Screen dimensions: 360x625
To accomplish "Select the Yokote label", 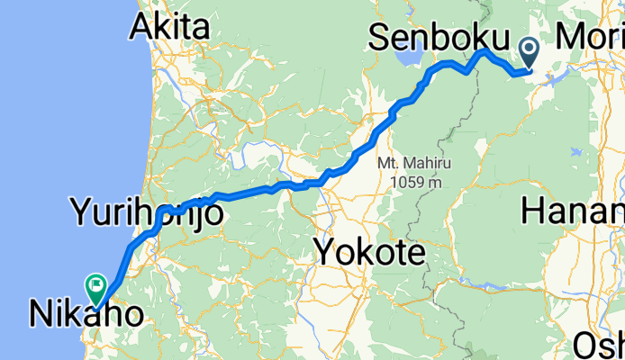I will coord(369,253).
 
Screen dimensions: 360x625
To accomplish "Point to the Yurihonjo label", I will coord(144,213).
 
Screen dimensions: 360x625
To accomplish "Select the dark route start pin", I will coord(529,50).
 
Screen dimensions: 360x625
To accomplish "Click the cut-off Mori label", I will coord(591,38).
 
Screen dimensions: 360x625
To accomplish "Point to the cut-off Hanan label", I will coord(573,213).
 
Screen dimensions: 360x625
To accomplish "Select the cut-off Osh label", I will coord(600,345).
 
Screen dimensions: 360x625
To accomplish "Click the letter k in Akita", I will coord(165,29).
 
